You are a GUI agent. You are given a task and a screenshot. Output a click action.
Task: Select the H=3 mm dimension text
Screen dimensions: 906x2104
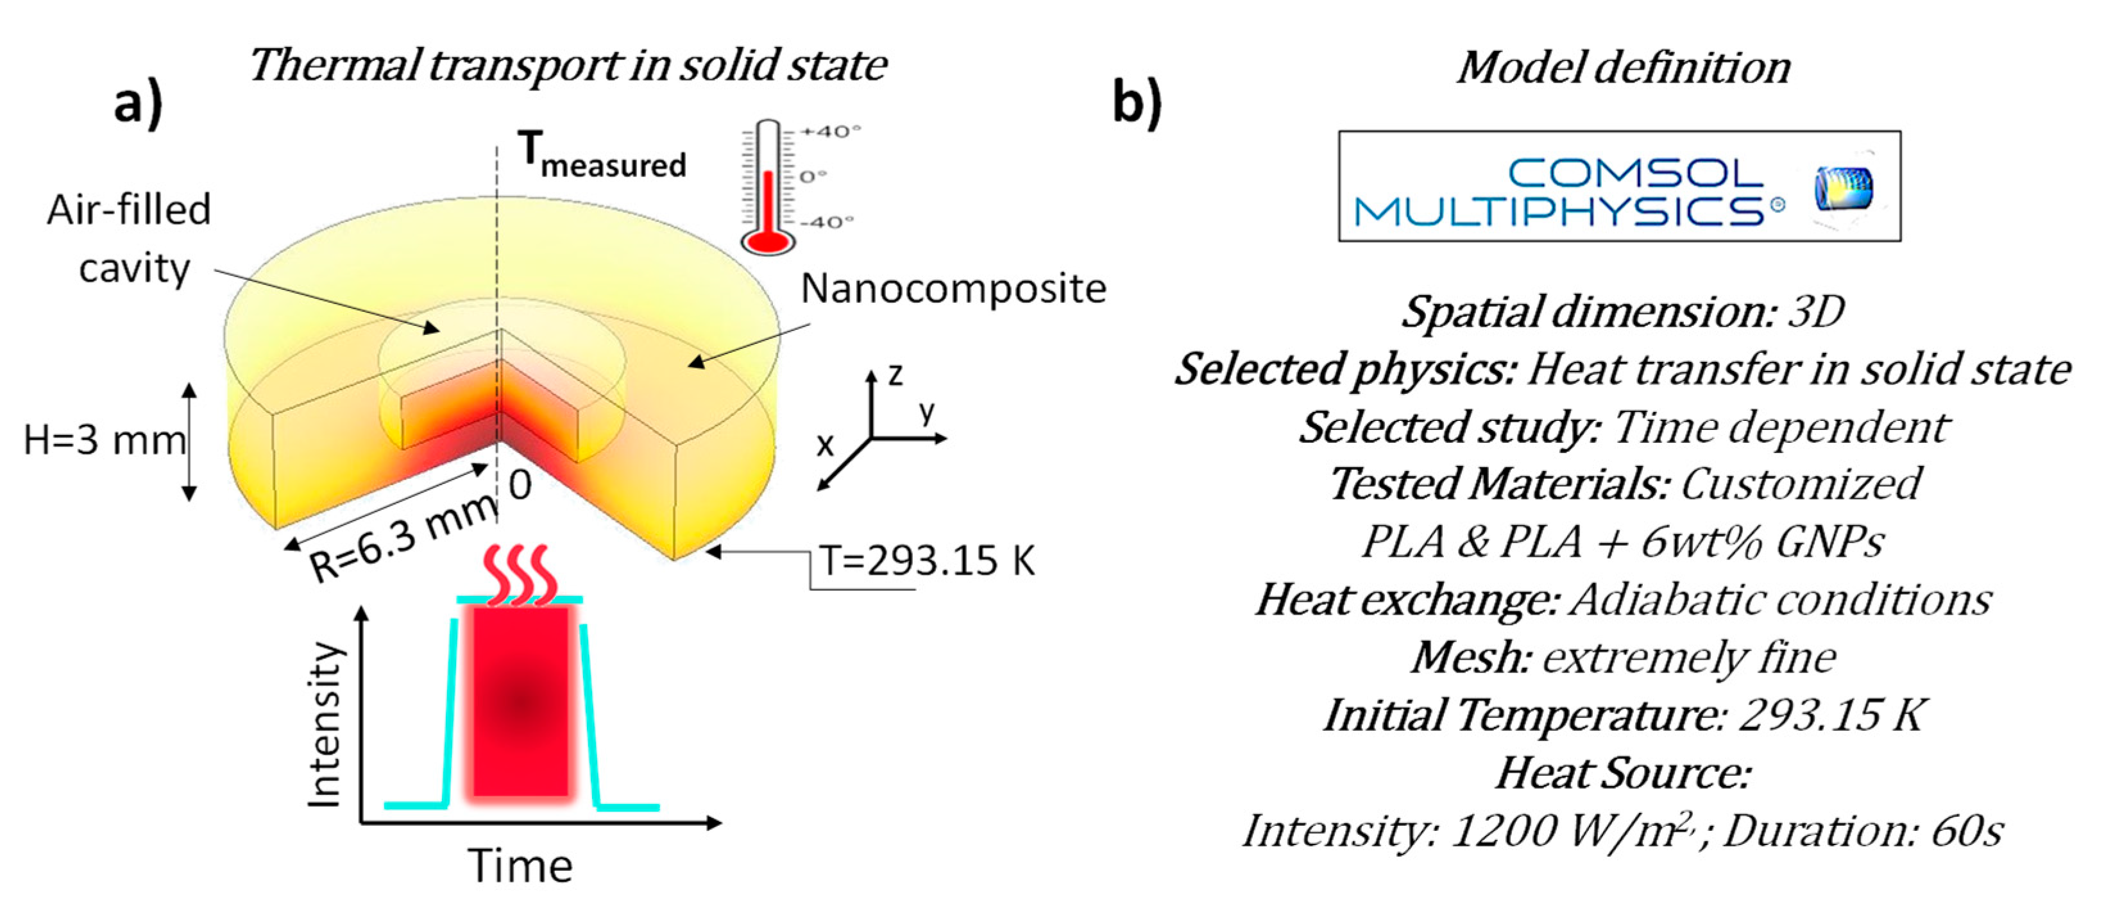coord(104,441)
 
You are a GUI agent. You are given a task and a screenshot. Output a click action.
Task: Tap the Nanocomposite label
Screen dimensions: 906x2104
coord(953,288)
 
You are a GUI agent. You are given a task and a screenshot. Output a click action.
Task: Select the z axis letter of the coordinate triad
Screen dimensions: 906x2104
coord(896,375)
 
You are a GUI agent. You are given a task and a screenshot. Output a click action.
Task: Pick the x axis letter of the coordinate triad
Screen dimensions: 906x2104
coord(825,445)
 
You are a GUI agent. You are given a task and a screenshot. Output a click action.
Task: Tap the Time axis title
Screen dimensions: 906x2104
coord(520,866)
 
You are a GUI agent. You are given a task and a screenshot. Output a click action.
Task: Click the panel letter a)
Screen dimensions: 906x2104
coord(138,105)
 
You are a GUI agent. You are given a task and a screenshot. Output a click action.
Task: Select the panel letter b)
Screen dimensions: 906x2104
coord(1137,105)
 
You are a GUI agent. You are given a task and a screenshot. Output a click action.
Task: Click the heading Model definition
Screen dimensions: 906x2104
coord(1624,67)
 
